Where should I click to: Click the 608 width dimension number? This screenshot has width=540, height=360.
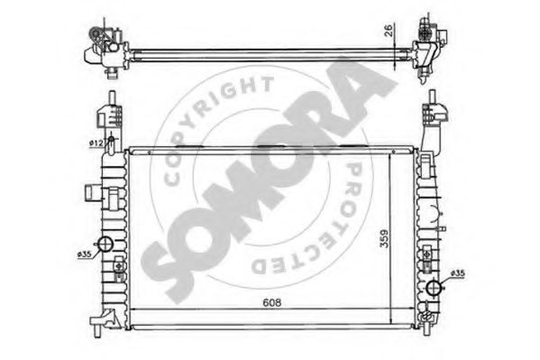click(x=271, y=303)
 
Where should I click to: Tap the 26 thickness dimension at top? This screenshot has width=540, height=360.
click(x=389, y=31)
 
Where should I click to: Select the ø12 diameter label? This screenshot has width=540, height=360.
click(x=96, y=143)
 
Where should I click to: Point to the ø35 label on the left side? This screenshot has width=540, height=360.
click(x=85, y=254)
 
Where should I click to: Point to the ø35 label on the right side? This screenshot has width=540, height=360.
click(x=458, y=273)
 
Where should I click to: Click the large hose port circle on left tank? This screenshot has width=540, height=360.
click(x=105, y=245)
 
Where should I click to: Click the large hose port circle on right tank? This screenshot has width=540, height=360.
click(x=434, y=288)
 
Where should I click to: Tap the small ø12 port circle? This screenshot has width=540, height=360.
click(x=111, y=139)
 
